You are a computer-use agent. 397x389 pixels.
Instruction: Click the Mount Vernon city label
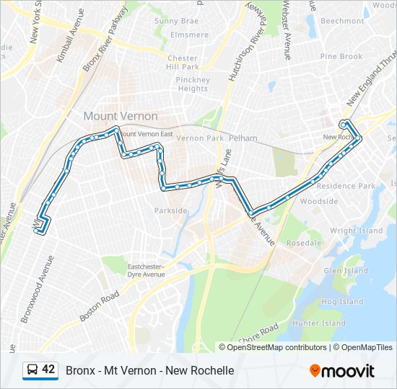pyautogui.click(x=120, y=116)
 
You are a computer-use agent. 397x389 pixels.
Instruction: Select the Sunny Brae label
pyautogui.click(x=176, y=22)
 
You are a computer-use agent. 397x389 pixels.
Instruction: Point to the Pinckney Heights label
pyautogui.click(x=192, y=84)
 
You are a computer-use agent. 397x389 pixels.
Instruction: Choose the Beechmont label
pyautogui.click(x=342, y=22)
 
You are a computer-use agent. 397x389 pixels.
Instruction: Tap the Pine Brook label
pyautogui.click(x=341, y=56)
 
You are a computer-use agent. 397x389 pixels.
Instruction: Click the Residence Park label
pyautogui.click(x=346, y=186)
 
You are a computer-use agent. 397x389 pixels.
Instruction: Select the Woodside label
pyautogui.click(x=318, y=202)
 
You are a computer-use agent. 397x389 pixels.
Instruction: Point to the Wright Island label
pyautogui.click(x=357, y=231)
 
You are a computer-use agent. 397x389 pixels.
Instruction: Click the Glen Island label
pyautogui.click(x=346, y=271)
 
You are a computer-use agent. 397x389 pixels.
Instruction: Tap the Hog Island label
pyautogui.click(x=342, y=302)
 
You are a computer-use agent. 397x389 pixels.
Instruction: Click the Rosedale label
pyautogui.click(x=303, y=243)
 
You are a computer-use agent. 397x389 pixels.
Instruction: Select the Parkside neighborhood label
pyautogui.click(x=170, y=211)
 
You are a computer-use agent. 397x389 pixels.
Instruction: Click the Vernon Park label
pyautogui.click(x=200, y=138)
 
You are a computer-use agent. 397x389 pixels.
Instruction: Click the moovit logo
pyautogui.click(x=342, y=371)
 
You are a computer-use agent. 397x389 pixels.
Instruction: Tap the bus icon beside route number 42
pyautogui.click(x=32, y=370)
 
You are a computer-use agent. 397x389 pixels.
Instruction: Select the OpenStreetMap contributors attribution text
pyautogui.click(x=276, y=347)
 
